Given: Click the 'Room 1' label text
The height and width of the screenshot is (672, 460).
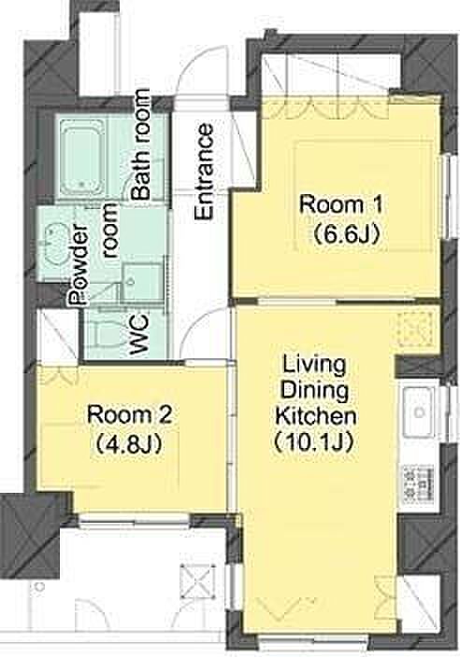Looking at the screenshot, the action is click(x=340, y=204).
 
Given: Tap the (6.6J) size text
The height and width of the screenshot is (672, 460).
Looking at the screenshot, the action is click(x=346, y=234).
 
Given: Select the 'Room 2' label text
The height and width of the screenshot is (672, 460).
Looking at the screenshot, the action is click(x=129, y=414).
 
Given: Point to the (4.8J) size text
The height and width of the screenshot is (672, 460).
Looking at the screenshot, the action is click(x=130, y=443).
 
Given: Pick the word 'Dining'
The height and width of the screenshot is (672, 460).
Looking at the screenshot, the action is click(x=316, y=392).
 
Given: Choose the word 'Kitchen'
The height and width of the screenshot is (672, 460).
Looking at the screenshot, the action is click(x=316, y=416).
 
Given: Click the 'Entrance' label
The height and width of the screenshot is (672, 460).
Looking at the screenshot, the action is click(x=204, y=172).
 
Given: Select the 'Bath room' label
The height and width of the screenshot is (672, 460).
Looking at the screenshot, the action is click(x=141, y=145).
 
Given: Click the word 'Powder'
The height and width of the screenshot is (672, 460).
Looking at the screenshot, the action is click(x=79, y=265).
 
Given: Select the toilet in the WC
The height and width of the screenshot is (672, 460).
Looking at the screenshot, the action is click(x=100, y=334).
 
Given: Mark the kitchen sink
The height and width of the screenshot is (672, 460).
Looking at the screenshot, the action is click(x=419, y=412).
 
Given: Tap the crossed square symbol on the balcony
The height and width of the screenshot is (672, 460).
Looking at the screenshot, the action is click(x=197, y=581).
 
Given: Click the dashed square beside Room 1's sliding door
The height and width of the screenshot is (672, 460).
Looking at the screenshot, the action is click(x=415, y=329).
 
